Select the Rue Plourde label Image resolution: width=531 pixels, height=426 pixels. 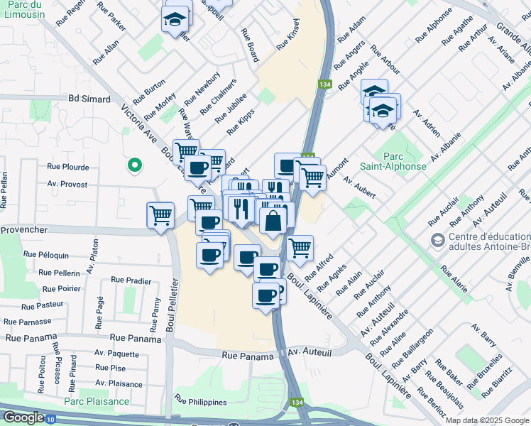[68, 167]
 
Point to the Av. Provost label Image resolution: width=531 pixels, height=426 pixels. [67, 184]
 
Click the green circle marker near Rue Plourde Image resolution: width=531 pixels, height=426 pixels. [133, 165]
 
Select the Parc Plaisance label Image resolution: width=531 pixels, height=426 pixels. [97, 401]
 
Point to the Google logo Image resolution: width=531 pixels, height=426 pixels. [23, 417]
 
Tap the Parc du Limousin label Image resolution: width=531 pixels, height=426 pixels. [23, 11]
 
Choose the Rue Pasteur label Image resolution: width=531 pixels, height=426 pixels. [43, 306]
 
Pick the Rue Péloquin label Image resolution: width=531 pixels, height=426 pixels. [46, 254]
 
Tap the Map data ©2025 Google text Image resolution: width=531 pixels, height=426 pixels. [487, 420]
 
